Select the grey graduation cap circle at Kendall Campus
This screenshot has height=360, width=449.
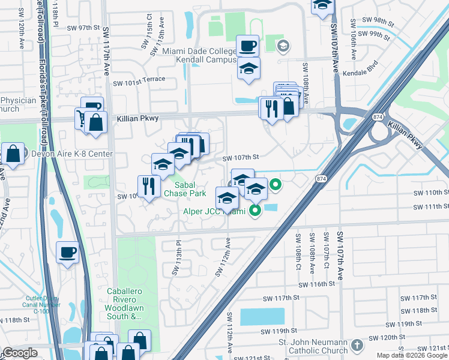pos(283,46)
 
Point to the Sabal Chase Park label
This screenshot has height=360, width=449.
pos(186,189)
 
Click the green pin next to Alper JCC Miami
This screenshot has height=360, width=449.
pos(255,210)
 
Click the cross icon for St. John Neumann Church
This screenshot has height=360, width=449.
pos(357,346)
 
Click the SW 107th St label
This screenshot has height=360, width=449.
pos(240,158)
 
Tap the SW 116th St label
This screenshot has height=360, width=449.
pos(316,284)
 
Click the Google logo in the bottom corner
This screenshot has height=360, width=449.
pos(19,353)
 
